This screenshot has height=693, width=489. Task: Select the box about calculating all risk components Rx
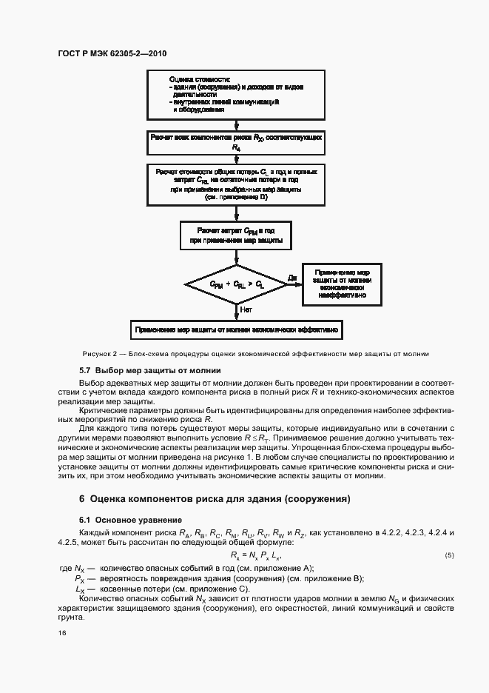[x=236, y=142]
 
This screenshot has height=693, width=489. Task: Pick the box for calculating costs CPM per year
[x=236, y=235]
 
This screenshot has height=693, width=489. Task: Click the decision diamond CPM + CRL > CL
[x=236, y=284]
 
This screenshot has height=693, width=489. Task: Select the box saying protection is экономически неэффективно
[x=343, y=284]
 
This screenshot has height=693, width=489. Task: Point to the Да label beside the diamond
[x=292, y=278]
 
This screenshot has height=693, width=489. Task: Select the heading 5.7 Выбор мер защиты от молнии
[x=149, y=370]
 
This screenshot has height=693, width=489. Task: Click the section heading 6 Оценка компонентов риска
[x=215, y=499]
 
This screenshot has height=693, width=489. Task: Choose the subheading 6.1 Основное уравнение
[x=126, y=519]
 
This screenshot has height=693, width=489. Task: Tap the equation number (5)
[x=449, y=555]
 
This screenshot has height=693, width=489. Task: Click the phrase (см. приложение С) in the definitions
[x=199, y=588]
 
